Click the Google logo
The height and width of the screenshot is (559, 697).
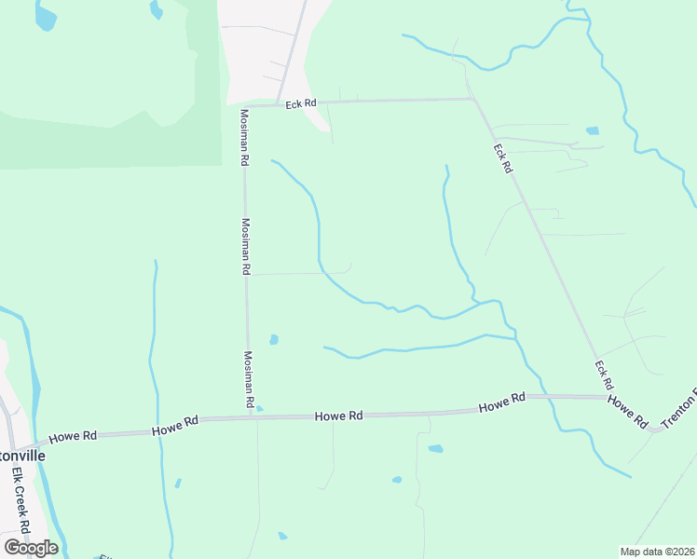(31, 548)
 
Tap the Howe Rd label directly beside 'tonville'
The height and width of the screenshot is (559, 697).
(73, 436)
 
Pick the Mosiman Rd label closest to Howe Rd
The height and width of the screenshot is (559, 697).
(250, 380)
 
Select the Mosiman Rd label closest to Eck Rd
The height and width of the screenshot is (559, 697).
(244, 138)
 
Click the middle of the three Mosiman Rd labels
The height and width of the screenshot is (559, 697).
(246, 246)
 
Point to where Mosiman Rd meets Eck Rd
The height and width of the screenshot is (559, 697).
(244, 105)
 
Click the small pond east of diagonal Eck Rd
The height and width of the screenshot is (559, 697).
(592, 130)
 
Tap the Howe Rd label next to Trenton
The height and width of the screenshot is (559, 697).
(628, 411)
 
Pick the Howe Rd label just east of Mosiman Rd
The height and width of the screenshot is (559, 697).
(338, 416)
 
